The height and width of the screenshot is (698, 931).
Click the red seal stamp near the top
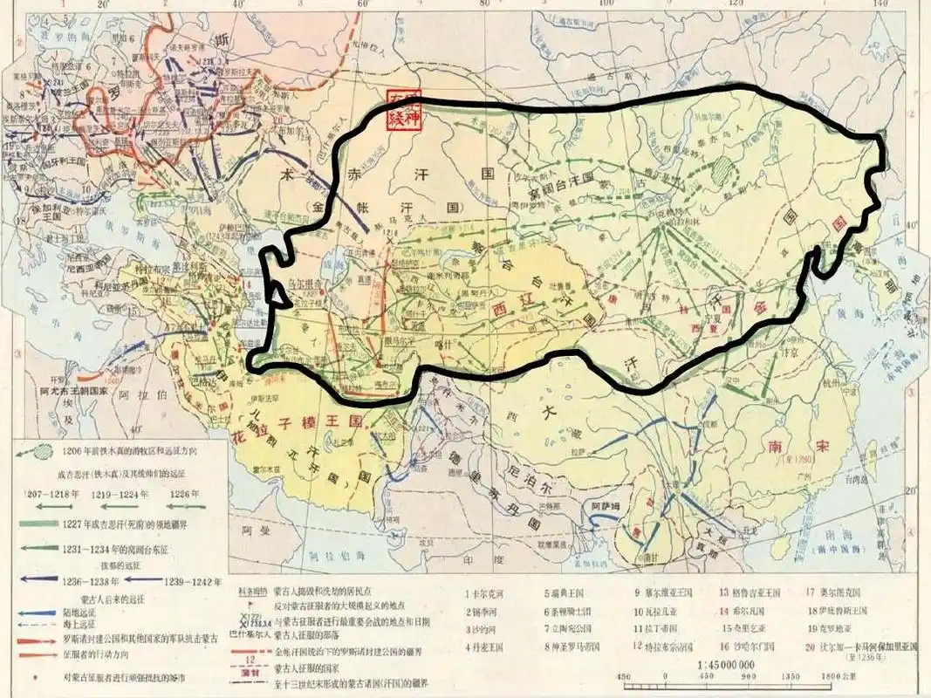(403, 109)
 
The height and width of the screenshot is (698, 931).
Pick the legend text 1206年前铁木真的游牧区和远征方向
(123, 452)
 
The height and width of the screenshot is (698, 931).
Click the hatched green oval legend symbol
(38, 453)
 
